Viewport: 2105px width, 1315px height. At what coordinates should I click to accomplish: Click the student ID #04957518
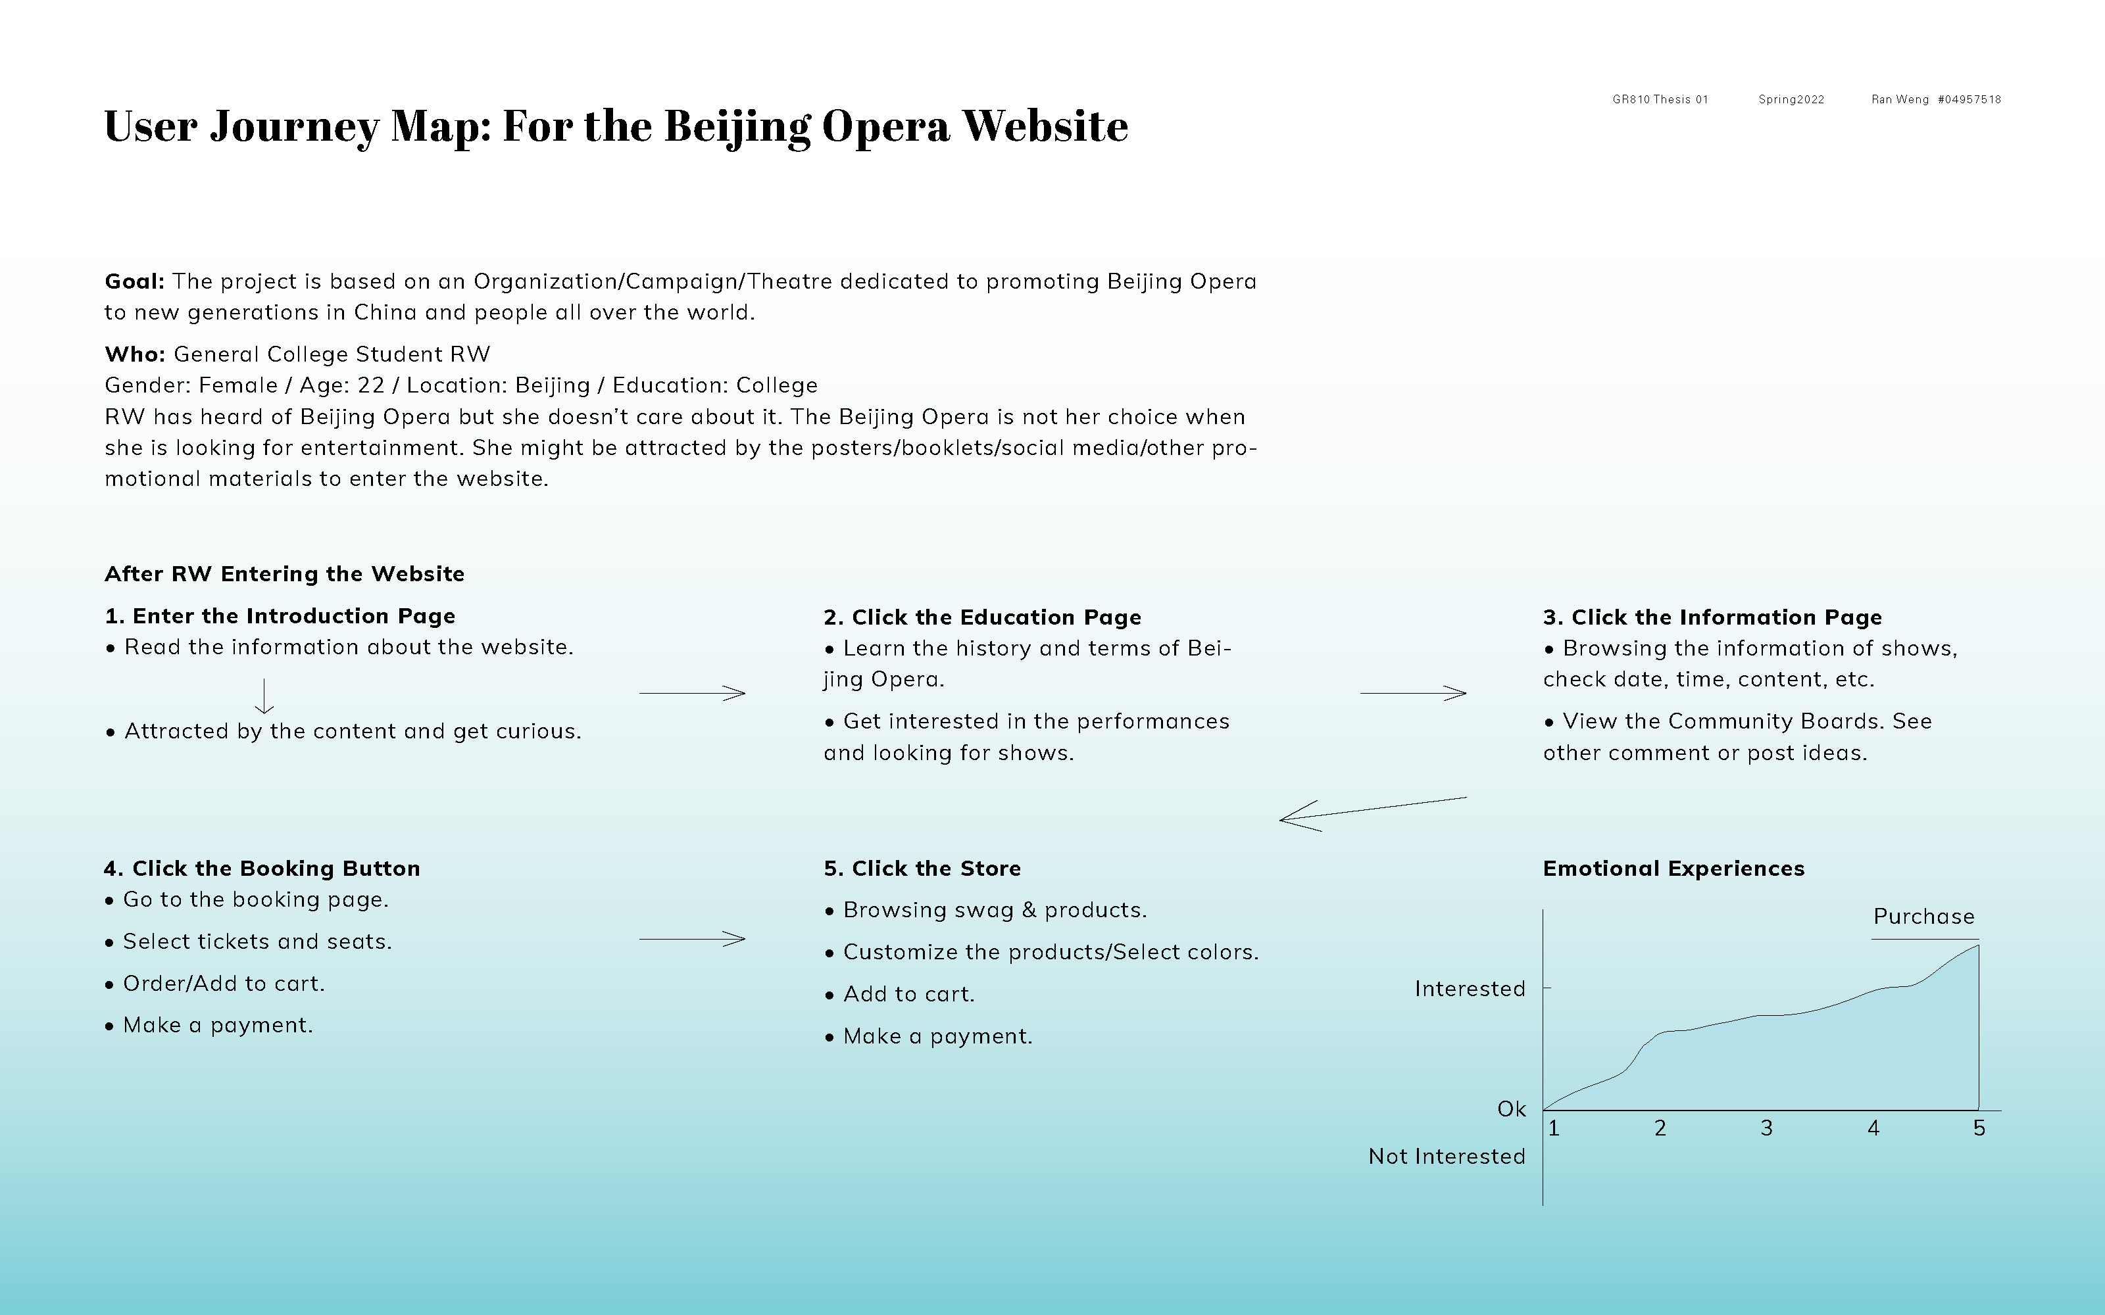point(1969,100)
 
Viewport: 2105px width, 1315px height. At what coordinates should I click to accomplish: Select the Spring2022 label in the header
point(1791,100)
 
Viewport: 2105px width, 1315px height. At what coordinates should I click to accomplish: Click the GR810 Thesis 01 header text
point(1660,100)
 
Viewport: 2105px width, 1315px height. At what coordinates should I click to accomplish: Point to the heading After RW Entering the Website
point(284,574)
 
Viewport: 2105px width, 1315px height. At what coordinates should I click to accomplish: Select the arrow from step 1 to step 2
point(693,693)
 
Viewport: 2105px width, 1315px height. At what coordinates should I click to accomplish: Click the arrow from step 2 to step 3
point(1414,693)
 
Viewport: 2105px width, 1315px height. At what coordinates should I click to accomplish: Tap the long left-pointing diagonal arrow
point(1373,814)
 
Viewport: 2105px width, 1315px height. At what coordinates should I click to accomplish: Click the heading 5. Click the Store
point(922,869)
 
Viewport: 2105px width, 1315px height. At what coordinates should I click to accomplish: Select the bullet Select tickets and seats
point(248,942)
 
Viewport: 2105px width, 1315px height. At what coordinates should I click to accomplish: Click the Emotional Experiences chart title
point(1673,869)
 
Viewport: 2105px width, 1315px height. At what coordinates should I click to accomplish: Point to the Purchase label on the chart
point(1923,917)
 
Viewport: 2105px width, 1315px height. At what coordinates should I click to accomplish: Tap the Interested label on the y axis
point(1470,989)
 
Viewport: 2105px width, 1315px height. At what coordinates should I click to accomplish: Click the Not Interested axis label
point(1447,1157)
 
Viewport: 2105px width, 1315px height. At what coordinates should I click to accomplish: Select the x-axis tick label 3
point(1767,1129)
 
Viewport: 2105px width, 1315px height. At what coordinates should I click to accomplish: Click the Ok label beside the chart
point(1512,1110)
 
